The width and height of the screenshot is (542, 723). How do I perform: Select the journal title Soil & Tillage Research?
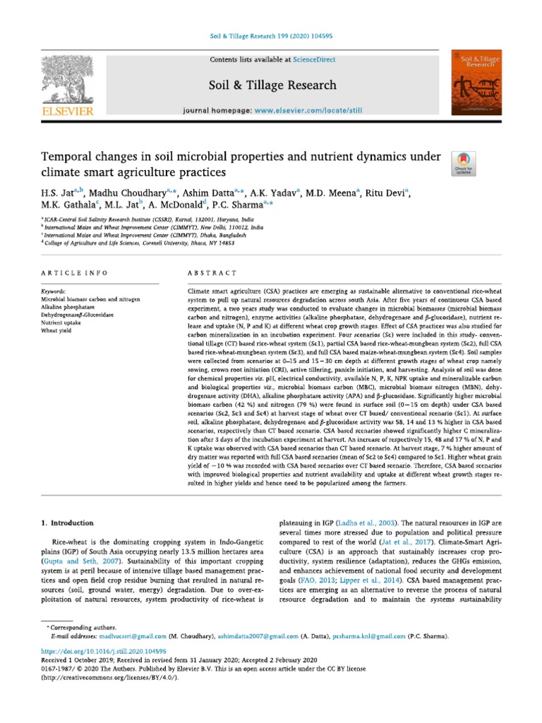272,85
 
